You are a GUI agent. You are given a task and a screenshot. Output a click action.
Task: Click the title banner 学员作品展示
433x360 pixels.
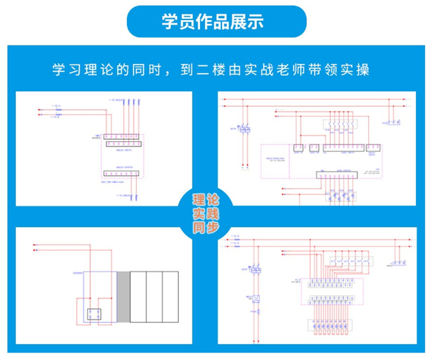coord(216,22)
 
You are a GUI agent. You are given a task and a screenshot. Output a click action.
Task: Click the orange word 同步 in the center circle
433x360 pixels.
coord(206,227)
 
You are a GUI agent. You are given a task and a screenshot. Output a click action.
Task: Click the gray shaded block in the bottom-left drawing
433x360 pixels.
coord(124,297)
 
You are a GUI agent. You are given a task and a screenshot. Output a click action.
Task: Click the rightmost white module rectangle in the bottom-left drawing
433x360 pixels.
coord(170,297)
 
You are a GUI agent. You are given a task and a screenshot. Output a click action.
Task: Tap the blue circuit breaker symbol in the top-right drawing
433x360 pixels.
coord(244,129)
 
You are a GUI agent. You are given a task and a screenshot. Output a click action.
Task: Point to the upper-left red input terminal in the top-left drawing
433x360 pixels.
coord(40,110)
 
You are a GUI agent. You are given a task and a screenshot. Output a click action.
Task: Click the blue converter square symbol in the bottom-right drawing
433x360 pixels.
coord(256,298)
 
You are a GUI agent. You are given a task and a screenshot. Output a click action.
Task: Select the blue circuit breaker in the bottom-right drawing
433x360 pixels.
coord(256,269)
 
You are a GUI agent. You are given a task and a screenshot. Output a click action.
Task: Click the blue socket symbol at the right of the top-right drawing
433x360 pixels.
coord(395,123)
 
